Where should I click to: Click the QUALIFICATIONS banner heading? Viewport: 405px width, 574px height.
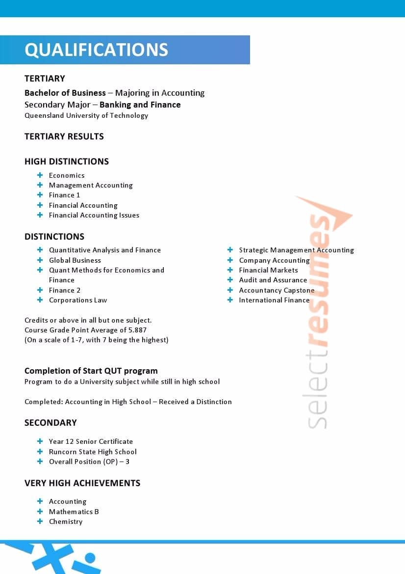pyautogui.click(x=96, y=50)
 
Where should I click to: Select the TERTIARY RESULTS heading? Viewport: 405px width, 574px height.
pyautogui.click(x=64, y=137)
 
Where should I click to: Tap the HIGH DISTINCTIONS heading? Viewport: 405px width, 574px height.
pyautogui.click(x=67, y=162)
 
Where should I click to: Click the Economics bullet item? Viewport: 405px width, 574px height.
pyautogui.click(x=67, y=175)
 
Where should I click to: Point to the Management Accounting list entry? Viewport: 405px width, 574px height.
pyautogui.click(x=91, y=185)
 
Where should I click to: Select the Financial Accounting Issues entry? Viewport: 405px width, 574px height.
pyautogui.click(x=94, y=215)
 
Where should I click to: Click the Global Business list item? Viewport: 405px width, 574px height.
pyautogui.click(x=75, y=260)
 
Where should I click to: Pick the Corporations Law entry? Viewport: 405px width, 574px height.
pyautogui.click(x=78, y=300)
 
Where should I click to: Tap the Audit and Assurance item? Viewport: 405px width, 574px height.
pyautogui.click(x=273, y=280)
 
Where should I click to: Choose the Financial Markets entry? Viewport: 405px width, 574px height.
pyautogui.click(x=268, y=270)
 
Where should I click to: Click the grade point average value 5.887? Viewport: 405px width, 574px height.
pyautogui.click(x=136, y=330)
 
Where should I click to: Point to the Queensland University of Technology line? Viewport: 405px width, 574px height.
pyautogui.click(x=86, y=116)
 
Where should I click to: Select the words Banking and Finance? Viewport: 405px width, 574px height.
pyautogui.click(x=140, y=105)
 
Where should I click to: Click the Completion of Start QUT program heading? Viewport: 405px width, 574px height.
pyautogui.click(x=91, y=371)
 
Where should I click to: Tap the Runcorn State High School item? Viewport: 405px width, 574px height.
pyautogui.click(x=93, y=452)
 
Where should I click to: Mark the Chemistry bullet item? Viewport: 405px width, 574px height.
pyautogui.click(x=66, y=521)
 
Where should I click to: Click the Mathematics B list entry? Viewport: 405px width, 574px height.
pyautogui.click(x=74, y=512)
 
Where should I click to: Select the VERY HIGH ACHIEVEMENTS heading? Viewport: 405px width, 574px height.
pyautogui.click(x=82, y=483)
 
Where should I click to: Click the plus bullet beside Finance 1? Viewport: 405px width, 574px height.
pyautogui.click(x=40, y=195)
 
